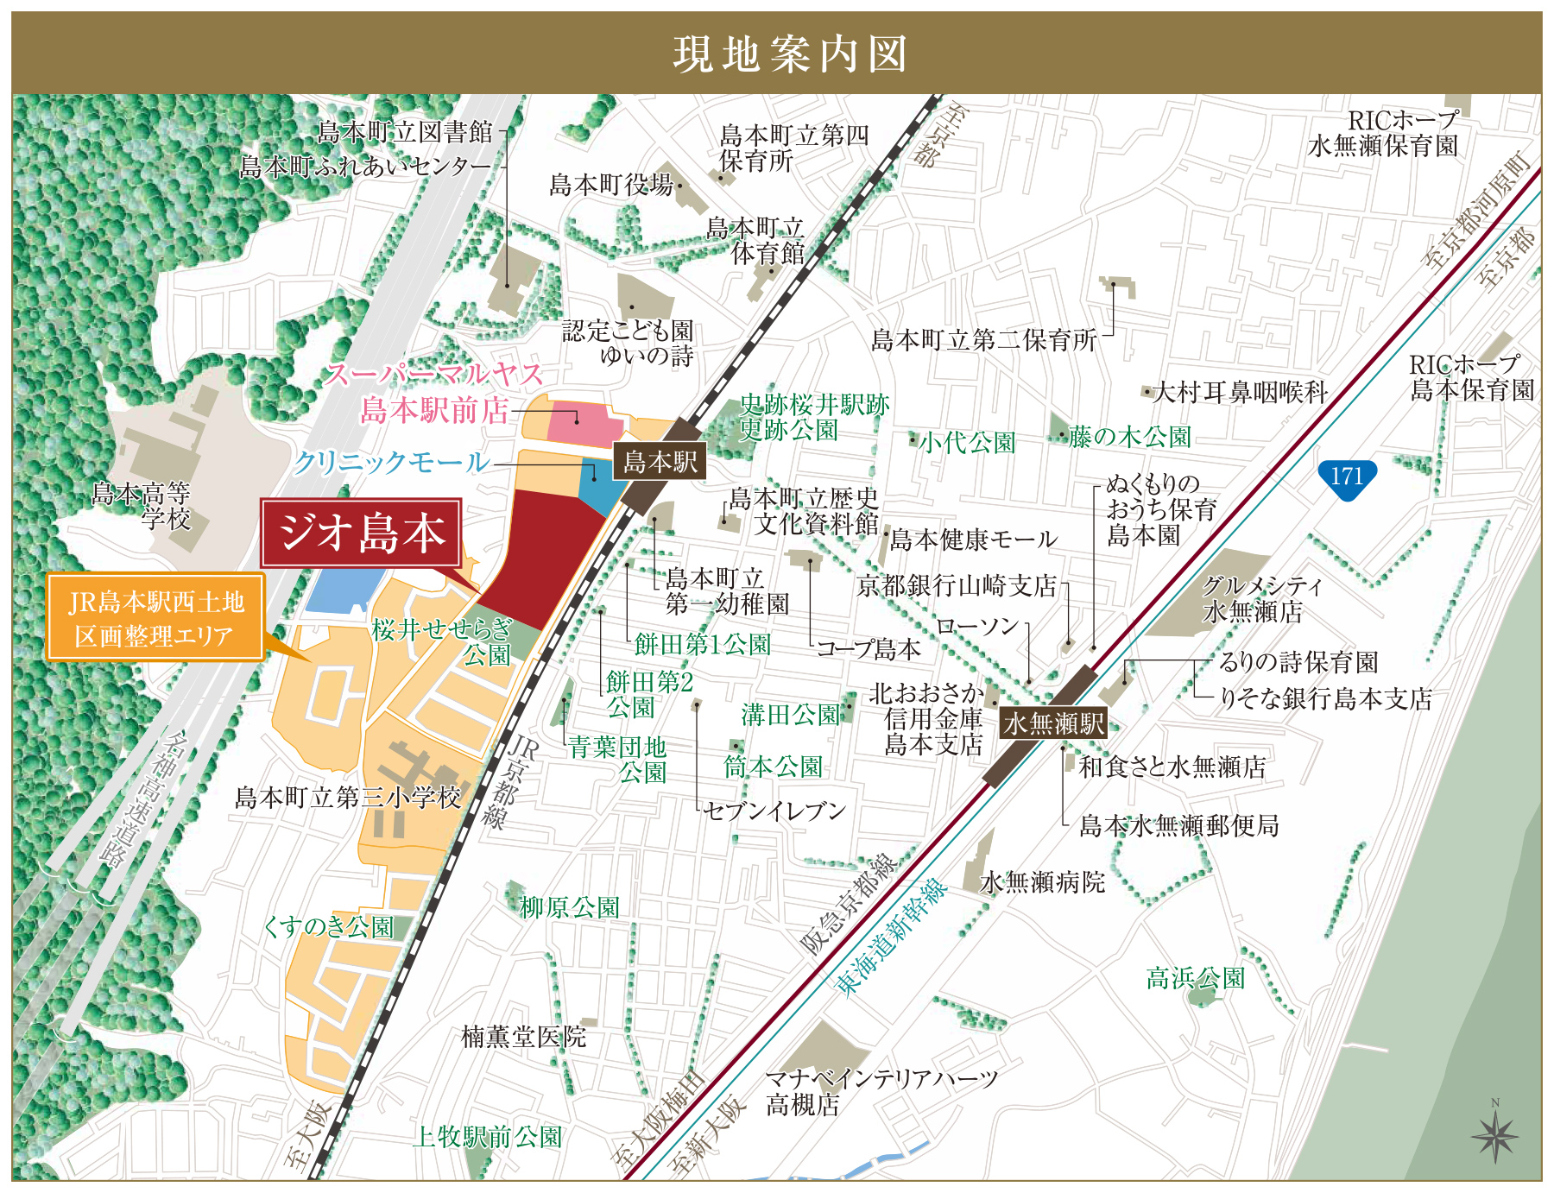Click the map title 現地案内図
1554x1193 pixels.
(x=789, y=54)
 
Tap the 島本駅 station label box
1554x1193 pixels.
(x=660, y=462)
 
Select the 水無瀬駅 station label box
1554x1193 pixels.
(x=1053, y=723)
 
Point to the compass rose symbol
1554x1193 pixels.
(x=1494, y=1135)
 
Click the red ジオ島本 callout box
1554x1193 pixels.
(x=362, y=533)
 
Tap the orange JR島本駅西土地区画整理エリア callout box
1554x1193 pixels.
(x=155, y=618)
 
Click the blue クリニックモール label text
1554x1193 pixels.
(x=391, y=463)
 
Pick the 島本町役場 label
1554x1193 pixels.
(x=611, y=185)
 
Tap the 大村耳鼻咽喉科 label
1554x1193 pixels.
(x=1240, y=393)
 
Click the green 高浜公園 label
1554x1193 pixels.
(x=1195, y=978)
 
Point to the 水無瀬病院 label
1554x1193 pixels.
(x=1042, y=882)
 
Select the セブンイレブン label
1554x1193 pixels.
(x=774, y=811)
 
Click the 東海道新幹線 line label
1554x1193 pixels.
(x=893, y=936)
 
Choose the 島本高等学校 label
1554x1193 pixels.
(x=142, y=506)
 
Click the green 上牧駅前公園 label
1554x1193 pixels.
(x=488, y=1137)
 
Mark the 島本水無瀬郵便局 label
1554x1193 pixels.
(x=1178, y=826)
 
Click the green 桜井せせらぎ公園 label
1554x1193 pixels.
(x=445, y=641)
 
